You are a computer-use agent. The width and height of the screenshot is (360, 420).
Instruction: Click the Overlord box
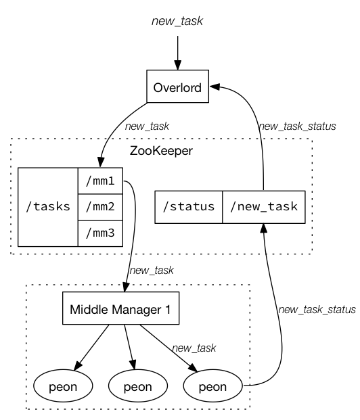pos(177,87)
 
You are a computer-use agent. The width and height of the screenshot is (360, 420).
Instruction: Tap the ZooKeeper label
pos(161,151)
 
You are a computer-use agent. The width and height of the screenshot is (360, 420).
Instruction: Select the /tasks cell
pos(48,207)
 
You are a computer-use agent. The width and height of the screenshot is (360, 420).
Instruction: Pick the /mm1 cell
pos(100,181)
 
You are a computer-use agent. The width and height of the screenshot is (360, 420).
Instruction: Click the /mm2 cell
pos(100,207)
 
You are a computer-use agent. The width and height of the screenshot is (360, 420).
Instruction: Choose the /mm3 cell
pos(100,233)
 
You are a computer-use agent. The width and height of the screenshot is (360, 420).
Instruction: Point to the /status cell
pos(189,207)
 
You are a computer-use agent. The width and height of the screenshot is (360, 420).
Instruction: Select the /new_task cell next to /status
pos(264,207)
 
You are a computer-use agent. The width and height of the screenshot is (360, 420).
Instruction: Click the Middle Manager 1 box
pos(120,308)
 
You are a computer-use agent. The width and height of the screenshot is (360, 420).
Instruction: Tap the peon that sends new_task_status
pos(213,386)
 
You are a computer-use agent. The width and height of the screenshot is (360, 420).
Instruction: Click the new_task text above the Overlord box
pos(177,21)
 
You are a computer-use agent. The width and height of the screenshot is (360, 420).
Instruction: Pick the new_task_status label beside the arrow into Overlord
pos(297,126)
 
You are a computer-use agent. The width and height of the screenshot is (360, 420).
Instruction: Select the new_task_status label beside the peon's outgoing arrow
pos(317,310)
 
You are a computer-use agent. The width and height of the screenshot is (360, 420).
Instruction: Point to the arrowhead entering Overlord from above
pos(177,66)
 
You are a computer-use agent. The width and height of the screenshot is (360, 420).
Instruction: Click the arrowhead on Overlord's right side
pos(215,87)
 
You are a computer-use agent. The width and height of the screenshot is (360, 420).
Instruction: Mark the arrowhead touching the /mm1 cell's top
pos(101,162)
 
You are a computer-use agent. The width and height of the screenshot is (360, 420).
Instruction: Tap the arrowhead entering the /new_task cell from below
pos(264,228)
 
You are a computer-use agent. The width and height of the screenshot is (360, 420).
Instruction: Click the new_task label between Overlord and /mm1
pos(147,126)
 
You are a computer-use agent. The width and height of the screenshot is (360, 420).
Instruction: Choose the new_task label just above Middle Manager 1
pos(152,271)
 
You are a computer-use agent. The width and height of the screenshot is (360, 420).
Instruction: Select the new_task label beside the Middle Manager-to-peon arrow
pos(194,348)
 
